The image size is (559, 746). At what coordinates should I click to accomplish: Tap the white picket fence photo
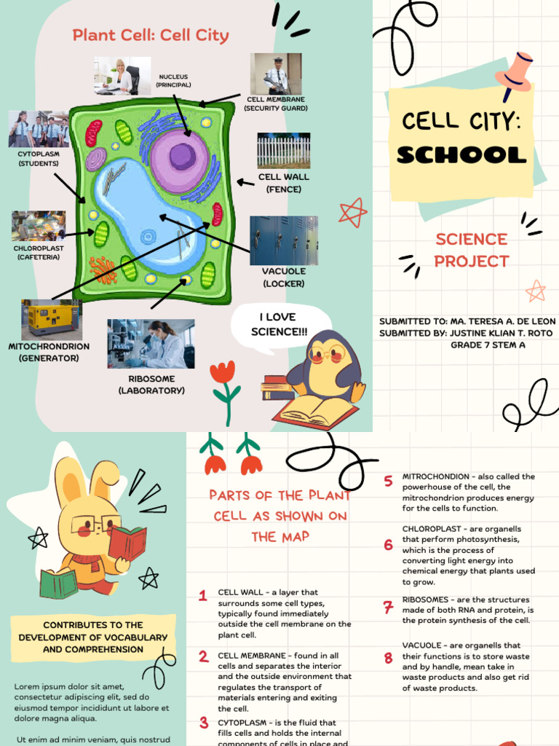click(x=283, y=151)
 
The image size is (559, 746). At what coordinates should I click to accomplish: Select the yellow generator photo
click(x=51, y=319)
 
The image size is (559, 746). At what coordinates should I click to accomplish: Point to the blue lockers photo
click(x=283, y=240)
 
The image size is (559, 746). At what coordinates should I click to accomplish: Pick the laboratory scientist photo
click(x=151, y=343)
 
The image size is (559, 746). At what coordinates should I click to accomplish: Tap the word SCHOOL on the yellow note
click(x=461, y=154)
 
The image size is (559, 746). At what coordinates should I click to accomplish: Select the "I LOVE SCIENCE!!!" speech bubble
click(x=279, y=325)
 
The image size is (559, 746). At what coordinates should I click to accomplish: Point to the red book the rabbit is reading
click(x=128, y=543)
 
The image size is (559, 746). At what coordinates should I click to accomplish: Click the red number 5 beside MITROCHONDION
click(x=389, y=481)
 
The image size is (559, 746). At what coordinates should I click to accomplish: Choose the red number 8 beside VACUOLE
click(x=389, y=659)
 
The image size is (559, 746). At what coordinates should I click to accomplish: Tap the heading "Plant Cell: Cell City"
click(x=151, y=35)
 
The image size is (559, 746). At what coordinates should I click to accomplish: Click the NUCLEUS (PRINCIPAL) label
click(x=174, y=80)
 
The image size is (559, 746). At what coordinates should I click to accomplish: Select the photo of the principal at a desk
click(x=122, y=76)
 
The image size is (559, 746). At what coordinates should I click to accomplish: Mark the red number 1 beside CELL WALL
click(x=203, y=597)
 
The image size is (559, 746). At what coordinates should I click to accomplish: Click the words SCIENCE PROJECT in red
click(x=472, y=250)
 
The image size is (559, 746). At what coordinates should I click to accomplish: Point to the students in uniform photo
click(x=39, y=130)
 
